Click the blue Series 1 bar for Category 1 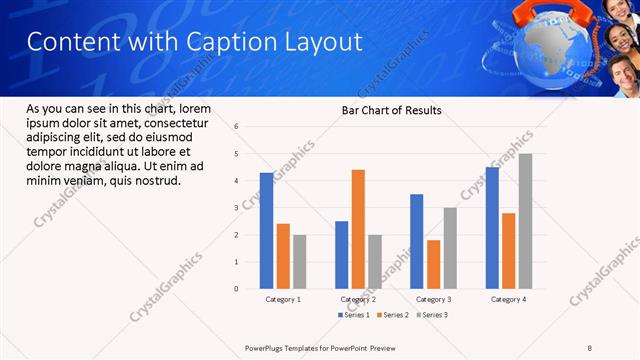tap(266, 231)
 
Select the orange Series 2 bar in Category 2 tap(358, 229)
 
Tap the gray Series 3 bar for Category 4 tap(525, 221)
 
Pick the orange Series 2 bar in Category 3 tap(433, 264)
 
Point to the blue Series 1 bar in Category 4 tap(492, 228)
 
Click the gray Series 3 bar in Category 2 tap(375, 262)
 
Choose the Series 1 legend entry tap(353, 315)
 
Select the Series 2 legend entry tap(392, 315)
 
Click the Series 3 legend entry tap(431, 315)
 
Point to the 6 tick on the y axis tap(236, 127)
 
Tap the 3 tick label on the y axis tap(236, 208)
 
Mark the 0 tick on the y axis tap(236, 289)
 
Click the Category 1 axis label tap(283, 299)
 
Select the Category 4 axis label tap(508, 299)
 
